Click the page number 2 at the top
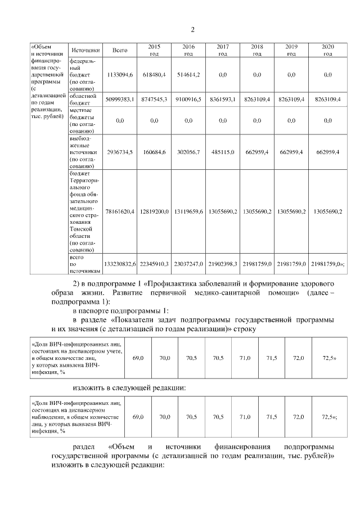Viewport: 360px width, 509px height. pos(192,29)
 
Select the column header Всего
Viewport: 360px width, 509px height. pos(120,51)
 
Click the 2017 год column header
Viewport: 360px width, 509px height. pos(223,50)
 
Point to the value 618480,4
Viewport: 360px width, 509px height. pos(154,74)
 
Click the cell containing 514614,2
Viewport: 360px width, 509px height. pos(188,74)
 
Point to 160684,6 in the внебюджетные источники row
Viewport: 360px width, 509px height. pos(154,152)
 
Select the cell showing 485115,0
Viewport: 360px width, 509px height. pos(223,152)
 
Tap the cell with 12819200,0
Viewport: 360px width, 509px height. pos(154,211)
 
